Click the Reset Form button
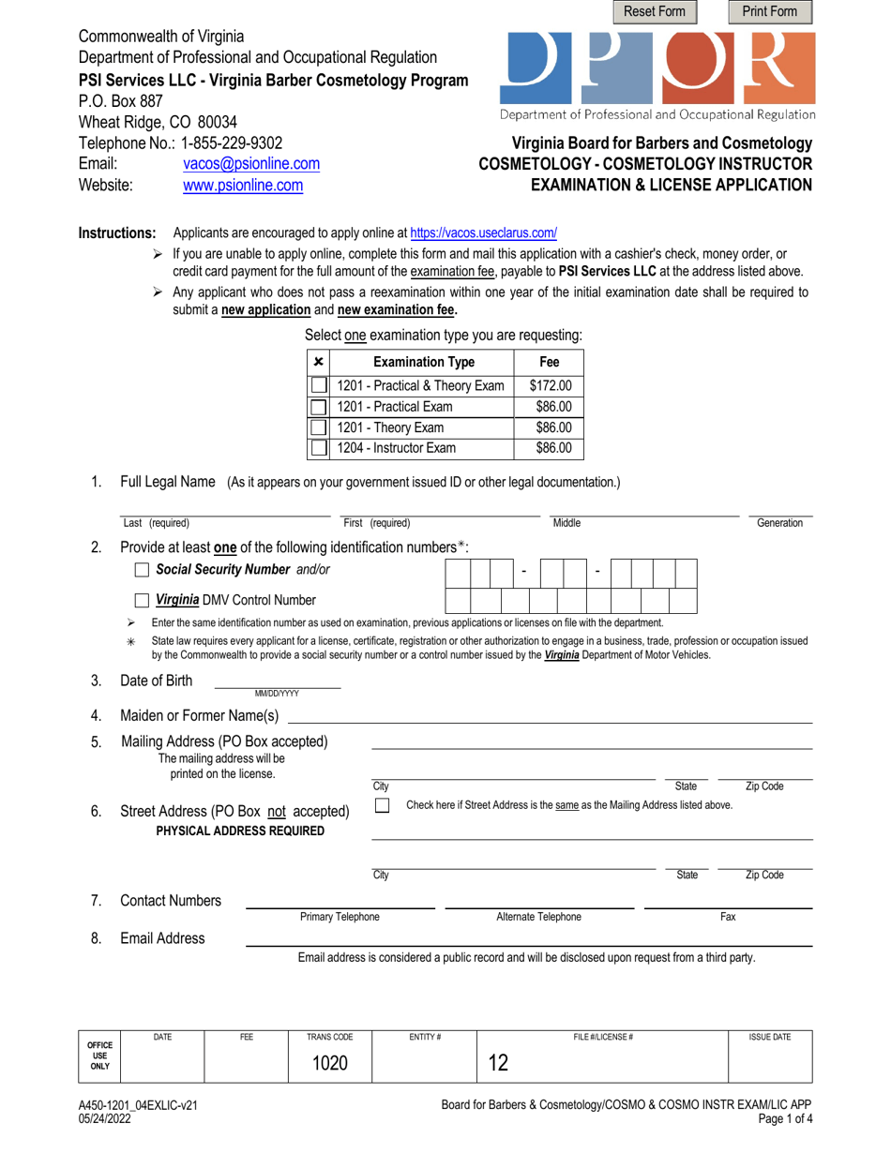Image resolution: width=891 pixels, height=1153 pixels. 656,12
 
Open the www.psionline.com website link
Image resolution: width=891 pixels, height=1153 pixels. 242,186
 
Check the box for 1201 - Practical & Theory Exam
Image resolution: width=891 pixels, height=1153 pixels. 319,385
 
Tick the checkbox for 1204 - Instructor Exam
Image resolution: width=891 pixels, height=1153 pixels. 319,448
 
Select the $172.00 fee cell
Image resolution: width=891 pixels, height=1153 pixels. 550,385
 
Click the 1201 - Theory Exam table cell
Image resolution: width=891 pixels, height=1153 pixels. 423,427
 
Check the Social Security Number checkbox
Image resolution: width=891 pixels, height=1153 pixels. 142,570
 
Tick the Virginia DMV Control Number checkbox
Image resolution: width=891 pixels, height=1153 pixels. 142,601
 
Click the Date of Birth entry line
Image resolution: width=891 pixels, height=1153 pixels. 278,681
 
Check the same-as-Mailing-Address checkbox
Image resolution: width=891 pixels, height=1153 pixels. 382,806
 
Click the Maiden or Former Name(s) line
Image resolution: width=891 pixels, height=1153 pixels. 549,716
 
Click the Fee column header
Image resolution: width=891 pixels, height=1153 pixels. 550,362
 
